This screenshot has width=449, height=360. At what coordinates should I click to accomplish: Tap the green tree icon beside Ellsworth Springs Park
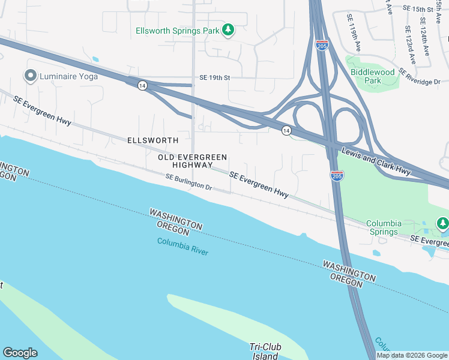coord(228,29)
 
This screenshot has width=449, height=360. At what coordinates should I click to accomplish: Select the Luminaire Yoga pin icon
coord(29,76)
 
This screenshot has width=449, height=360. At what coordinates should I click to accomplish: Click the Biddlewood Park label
coord(373,76)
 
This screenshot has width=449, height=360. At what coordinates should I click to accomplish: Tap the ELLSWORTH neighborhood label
coord(152,140)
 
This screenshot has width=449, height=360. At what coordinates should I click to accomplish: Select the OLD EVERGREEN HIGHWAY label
coord(193,161)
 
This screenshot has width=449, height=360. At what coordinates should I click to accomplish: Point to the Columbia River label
coord(182,246)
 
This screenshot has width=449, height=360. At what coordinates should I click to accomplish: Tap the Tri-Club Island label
coord(264,351)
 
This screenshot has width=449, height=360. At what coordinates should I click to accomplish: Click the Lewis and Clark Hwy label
coord(376,161)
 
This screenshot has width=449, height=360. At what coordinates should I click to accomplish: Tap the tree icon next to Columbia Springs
coord(443,223)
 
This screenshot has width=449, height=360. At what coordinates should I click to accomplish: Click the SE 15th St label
coord(418,9)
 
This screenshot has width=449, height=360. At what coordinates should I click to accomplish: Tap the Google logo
coord(20,353)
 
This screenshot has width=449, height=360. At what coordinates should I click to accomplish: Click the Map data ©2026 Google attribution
coord(412,355)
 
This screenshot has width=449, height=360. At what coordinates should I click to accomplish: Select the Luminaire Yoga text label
coord(65,76)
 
